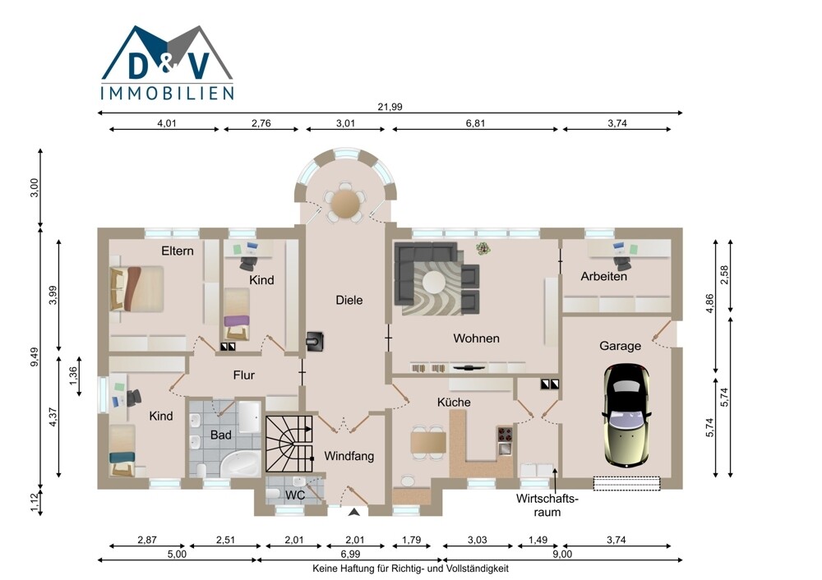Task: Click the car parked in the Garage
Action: pos(627,415)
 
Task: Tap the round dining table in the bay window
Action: pos(345,202)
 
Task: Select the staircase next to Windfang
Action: pos(289,444)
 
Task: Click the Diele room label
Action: pos(349,300)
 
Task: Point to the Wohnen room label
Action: pos(476,338)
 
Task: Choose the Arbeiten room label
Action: pos(603,276)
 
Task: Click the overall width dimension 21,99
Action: pos(390,107)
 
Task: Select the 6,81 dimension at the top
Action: pos(475,124)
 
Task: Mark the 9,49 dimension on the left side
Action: pos(35,357)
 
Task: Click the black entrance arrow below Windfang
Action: pos(354,512)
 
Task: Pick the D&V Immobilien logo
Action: pos(167,62)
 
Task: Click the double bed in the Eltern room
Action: pos(136,288)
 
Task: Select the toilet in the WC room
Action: pos(273,494)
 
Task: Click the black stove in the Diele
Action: pos(316,342)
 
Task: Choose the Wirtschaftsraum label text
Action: pos(547,505)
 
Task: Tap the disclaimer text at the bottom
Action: pos(410,568)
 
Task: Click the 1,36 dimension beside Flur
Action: pos(73,375)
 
